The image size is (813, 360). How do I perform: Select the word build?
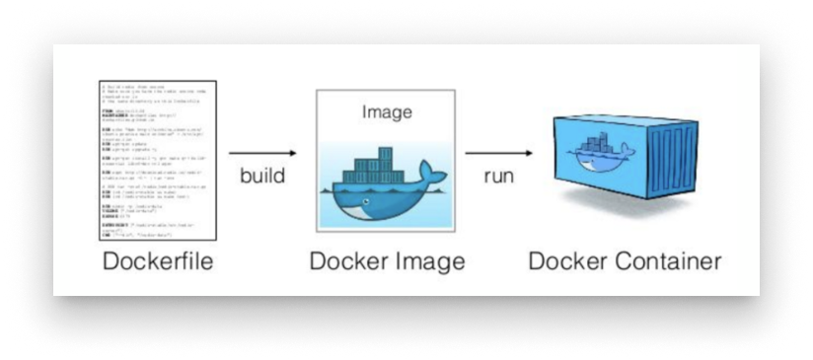click(262, 178)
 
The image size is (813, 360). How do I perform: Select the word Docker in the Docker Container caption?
click(566, 263)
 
